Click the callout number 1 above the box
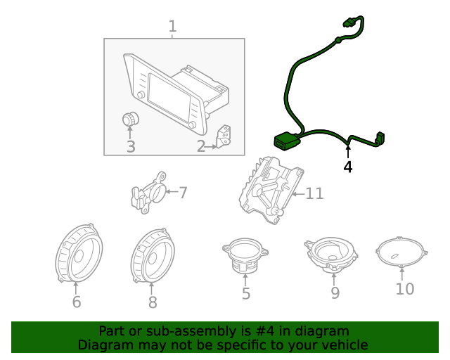(172, 27)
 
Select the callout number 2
(201, 146)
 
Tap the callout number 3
(131, 146)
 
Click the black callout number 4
(347, 167)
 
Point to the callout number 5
(245, 293)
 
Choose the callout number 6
(77, 302)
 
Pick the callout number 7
(182, 192)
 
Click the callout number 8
(153, 302)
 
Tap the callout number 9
(335, 292)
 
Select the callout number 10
(405, 288)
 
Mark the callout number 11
(314, 193)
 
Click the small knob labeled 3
(130, 120)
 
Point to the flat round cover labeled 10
(401, 251)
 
